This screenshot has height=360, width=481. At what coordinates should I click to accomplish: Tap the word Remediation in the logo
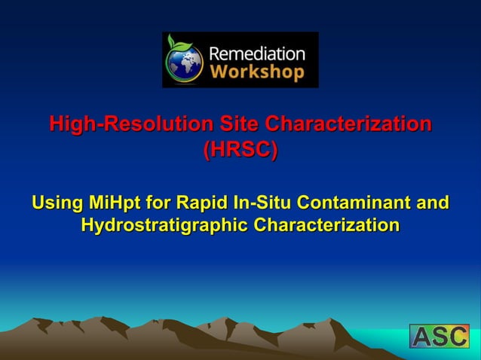256,53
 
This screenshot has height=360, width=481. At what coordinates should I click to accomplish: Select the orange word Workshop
256,72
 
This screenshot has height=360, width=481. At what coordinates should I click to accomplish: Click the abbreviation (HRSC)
240,149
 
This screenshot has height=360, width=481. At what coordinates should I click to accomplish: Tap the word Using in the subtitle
58,203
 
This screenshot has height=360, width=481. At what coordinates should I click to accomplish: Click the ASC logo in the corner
439,336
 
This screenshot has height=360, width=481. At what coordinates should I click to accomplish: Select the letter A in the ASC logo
421,336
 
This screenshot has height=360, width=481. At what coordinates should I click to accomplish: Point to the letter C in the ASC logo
458,336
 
